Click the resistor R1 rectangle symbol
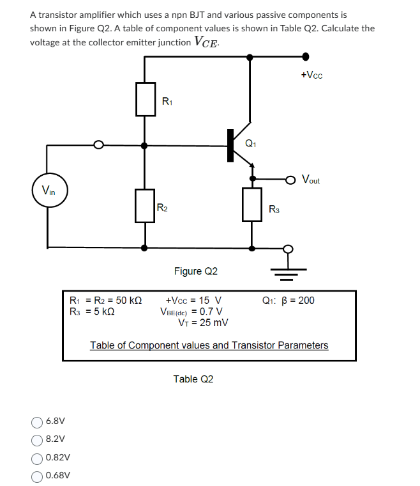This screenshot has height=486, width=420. coord(146,99)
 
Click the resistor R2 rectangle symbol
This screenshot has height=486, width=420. coord(146,205)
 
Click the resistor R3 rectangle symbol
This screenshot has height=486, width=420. coord(253,205)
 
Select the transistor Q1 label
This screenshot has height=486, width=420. coord(250,143)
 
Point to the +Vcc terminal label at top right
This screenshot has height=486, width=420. coord(311,75)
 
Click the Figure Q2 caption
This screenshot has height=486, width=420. coord(196,272)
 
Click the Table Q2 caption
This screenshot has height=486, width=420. coord(193,379)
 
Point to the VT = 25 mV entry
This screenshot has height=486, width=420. coord(202,323)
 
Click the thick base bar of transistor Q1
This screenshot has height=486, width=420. coord(230,146)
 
